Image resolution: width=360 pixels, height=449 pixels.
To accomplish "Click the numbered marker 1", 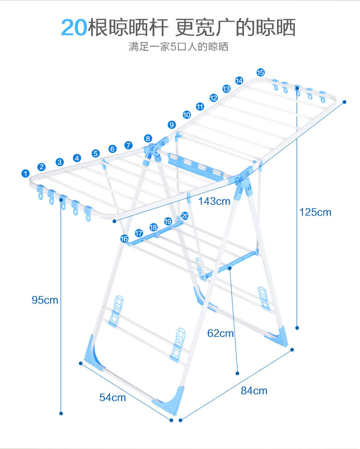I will (26, 173).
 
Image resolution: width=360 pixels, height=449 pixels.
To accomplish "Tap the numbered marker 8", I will (148, 138).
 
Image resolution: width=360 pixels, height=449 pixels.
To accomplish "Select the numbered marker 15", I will (260, 72).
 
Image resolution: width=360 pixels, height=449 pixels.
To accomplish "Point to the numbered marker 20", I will (184, 215).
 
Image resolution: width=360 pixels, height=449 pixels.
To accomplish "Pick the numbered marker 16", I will (124, 239).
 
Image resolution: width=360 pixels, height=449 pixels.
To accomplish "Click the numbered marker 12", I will (213, 97).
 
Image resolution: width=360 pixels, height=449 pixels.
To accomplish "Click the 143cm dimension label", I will (214, 200).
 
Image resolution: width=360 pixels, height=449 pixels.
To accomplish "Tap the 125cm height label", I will (315, 212).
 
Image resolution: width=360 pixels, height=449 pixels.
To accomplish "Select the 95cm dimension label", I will (45, 300).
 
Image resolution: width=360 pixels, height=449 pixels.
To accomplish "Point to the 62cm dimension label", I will (221, 333).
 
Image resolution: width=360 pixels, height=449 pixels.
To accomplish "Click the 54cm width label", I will (113, 397).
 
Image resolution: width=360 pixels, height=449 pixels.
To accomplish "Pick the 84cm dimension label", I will (254, 390).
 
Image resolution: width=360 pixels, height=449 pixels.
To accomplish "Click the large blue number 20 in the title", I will (74, 27).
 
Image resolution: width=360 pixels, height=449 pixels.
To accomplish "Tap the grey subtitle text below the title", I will (178, 47).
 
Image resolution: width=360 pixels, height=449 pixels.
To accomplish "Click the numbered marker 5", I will (96, 153).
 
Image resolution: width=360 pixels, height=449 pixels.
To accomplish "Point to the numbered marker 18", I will (153, 227).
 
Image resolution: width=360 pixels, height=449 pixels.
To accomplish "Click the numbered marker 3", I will (60, 162).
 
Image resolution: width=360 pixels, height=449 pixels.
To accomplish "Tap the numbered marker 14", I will (239, 80).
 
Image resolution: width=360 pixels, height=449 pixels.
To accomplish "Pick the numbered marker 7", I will (129, 145).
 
